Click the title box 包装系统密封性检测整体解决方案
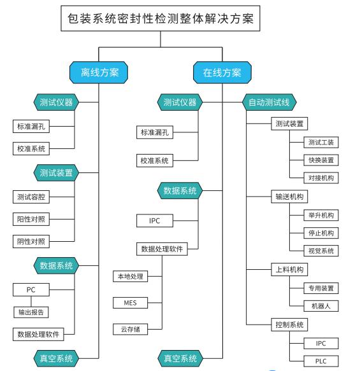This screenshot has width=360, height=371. pos(161,18)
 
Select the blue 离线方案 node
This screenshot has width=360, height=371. pos(99,73)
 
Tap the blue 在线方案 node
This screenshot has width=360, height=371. pos(222,73)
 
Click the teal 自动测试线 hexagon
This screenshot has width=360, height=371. pos(270,102)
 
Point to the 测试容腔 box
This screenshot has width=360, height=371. pos(31,197)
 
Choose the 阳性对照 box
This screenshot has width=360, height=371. pos(31,219)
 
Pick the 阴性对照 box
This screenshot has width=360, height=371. pos(31,241)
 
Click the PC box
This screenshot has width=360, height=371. pos(31,290)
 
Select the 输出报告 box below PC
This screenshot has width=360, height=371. pos(31,312)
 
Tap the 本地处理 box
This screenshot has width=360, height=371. pos(130,276)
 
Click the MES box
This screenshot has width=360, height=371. pos(130,303)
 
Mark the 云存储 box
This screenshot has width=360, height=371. pos(130,329)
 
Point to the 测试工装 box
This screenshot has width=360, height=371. pos(321,143)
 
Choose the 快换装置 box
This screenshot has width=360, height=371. pos(321,160)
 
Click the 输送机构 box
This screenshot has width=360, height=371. pos(289,197)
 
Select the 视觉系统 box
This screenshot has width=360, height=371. pos(321,251)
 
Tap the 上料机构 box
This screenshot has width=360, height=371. pos(289,269)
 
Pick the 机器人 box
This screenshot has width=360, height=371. pos(321,306)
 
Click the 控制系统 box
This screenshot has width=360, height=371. pos(289,325)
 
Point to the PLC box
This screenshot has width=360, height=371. pos(321,361)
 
